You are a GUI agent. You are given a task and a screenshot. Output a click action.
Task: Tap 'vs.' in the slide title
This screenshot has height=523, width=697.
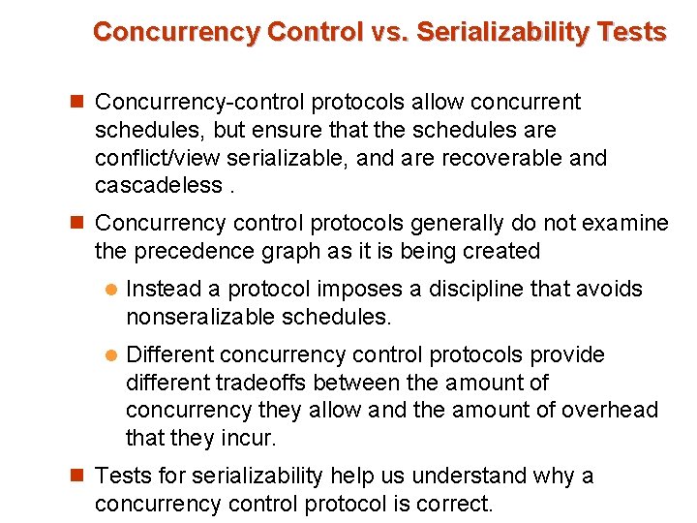pos(393,32)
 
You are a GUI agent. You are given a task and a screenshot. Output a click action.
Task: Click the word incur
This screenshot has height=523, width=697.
pos(251,438)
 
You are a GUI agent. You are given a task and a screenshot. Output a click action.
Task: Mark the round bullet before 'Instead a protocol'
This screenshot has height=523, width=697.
pos(110,290)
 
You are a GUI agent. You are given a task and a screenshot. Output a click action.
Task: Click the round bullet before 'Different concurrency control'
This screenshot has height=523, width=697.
pos(110,355)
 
